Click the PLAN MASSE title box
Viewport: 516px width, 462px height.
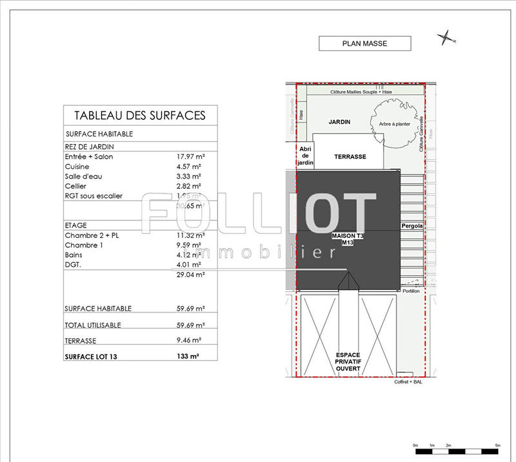point(364,44)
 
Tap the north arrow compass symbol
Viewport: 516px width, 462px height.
point(445,38)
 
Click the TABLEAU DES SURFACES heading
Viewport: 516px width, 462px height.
point(140,115)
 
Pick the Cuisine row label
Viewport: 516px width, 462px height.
point(77,166)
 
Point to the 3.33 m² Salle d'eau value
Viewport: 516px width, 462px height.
point(189,176)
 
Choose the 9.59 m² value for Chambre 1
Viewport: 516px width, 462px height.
point(189,245)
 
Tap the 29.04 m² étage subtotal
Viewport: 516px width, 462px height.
point(191,274)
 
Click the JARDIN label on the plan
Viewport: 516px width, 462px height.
point(339,122)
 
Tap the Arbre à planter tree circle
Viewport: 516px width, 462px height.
point(395,124)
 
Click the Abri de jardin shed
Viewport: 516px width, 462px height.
point(304,156)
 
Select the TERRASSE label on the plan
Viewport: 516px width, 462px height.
point(350,157)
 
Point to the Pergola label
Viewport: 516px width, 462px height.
point(412,226)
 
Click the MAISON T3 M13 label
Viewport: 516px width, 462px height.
point(348,239)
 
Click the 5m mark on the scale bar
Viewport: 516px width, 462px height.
point(498,446)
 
